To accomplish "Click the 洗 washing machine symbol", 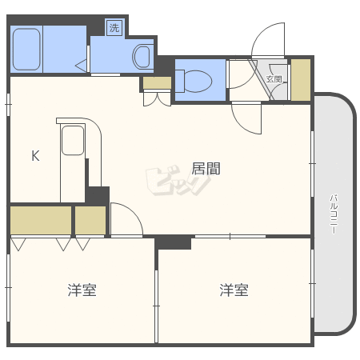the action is pos(114,27).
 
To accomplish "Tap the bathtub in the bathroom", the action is pos(26,49).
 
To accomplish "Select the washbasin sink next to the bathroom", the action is pos(142,57).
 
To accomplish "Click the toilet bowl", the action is pos(194,81).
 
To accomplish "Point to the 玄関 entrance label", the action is pos(274,79).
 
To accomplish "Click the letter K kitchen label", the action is pos(35,156).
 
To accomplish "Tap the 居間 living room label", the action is pos(206,169).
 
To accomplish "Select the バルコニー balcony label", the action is pos(334,214).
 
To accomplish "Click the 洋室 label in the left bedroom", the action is pos(82,290).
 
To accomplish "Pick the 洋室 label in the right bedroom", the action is pos(234,290).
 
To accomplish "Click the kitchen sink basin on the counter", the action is pos(73,140).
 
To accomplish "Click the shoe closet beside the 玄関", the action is pos(301,80).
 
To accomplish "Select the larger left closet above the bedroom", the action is pos(41,220).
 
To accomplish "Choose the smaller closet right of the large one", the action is pos(90,220).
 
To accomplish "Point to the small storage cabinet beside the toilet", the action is pos(157,83).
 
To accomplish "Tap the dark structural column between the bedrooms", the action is pos(173,242).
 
